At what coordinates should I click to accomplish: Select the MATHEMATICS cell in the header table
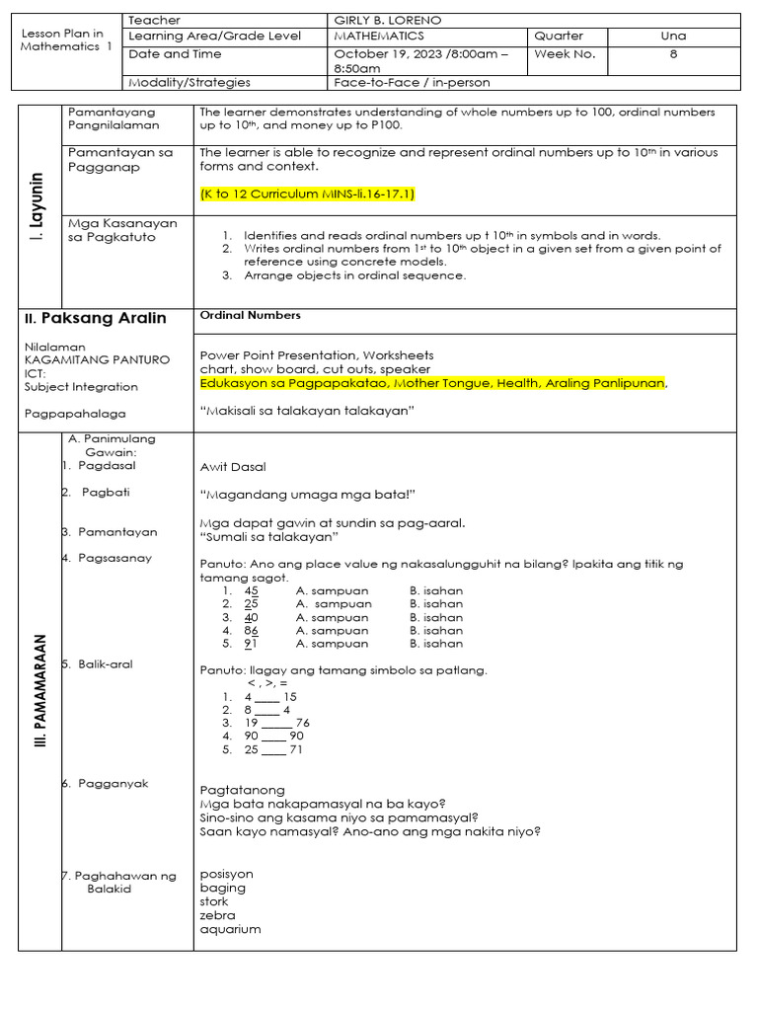click(379, 37)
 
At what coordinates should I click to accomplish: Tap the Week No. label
click(565, 54)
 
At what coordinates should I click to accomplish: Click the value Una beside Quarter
click(673, 37)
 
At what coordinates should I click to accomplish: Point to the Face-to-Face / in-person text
click(412, 83)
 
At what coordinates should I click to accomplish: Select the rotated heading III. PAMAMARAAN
click(38, 688)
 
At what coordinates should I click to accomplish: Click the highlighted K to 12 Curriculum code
click(307, 194)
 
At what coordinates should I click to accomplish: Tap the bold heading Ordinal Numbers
click(250, 316)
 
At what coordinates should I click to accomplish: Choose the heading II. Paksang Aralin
click(95, 319)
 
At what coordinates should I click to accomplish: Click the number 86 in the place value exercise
click(251, 630)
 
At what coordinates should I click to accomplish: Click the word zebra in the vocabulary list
click(216, 915)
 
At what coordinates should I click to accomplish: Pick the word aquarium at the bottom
click(230, 929)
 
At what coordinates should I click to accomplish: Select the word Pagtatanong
click(242, 790)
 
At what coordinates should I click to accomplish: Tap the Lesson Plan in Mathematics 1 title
click(67, 39)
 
